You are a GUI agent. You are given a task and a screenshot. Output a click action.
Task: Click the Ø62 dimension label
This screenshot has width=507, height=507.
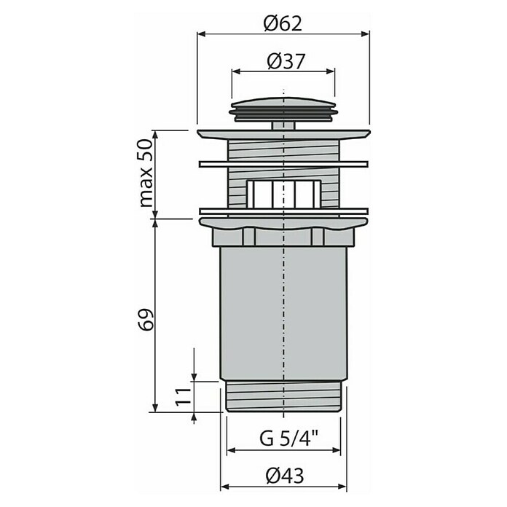(x=283, y=23)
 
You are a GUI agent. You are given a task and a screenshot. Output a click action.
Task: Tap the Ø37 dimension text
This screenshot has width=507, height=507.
(x=286, y=61)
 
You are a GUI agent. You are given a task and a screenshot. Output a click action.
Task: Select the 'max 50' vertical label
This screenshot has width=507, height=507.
(x=146, y=173)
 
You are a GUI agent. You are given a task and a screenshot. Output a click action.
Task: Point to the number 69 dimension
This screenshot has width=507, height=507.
(x=146, y=320)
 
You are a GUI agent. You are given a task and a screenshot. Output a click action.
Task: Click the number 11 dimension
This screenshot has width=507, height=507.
(x=183, y=396)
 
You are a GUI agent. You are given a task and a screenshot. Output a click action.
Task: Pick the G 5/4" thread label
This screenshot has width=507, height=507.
(x=288, y=439)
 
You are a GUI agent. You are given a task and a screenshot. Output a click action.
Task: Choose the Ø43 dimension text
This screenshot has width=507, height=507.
(x=285, y=476)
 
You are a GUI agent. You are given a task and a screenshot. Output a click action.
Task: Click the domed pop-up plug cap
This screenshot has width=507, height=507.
(x=283, y=109)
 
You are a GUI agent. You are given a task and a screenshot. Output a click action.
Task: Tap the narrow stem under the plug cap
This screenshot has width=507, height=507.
(x=283, y=126)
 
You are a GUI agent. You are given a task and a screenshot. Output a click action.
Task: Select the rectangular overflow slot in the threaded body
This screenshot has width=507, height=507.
(x=283, y=194)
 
